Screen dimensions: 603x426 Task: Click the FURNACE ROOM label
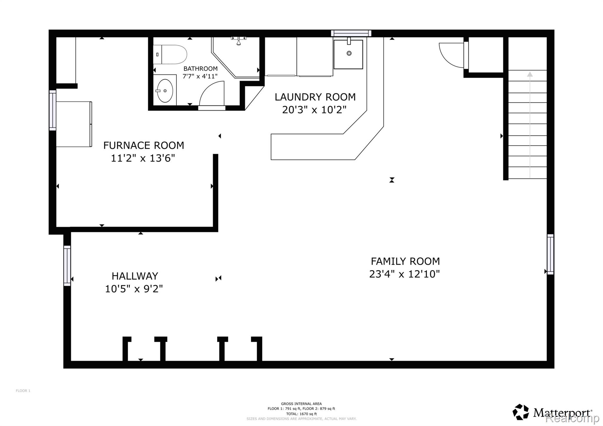coord(144,145)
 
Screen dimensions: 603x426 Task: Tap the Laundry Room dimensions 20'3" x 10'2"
coord(314,110)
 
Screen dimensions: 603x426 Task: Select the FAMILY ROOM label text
coord(405,261)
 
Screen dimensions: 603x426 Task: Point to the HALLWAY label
coord(135,276)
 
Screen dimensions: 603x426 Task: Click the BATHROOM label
coord(201,69)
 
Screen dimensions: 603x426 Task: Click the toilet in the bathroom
coord(170,54)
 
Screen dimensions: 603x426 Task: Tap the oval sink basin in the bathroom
coord(165,91)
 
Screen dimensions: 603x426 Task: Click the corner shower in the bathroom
coord(236,57)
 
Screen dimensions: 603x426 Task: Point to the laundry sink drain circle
coord(349,53)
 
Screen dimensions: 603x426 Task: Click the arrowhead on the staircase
coord(530,74)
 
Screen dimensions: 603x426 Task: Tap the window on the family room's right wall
coord(550,254)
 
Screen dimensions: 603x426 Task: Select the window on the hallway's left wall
coord(67,266)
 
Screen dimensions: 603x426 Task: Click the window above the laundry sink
coord(351,33)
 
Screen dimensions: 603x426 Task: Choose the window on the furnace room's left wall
coord(52,110)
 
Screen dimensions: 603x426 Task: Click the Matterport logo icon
coord(521,412)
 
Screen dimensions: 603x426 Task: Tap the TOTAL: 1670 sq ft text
coord(301,414)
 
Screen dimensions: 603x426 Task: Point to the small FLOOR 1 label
coord(23,391)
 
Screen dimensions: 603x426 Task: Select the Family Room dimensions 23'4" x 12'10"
coord(405,274)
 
